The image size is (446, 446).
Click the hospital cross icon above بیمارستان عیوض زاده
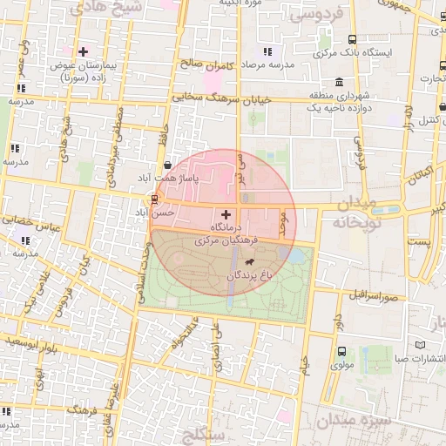pos(83,52)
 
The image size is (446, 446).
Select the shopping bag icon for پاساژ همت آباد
pos(167,165)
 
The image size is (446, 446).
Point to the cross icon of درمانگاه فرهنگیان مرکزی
pos(226,213)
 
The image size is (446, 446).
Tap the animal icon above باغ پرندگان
pos(251,262)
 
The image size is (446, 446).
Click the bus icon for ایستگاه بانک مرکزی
pos(352,40)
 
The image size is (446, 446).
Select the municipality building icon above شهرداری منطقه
pos(338,82)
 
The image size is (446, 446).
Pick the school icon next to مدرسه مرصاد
pos(267,52)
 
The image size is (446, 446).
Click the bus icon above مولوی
pos(341,352)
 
